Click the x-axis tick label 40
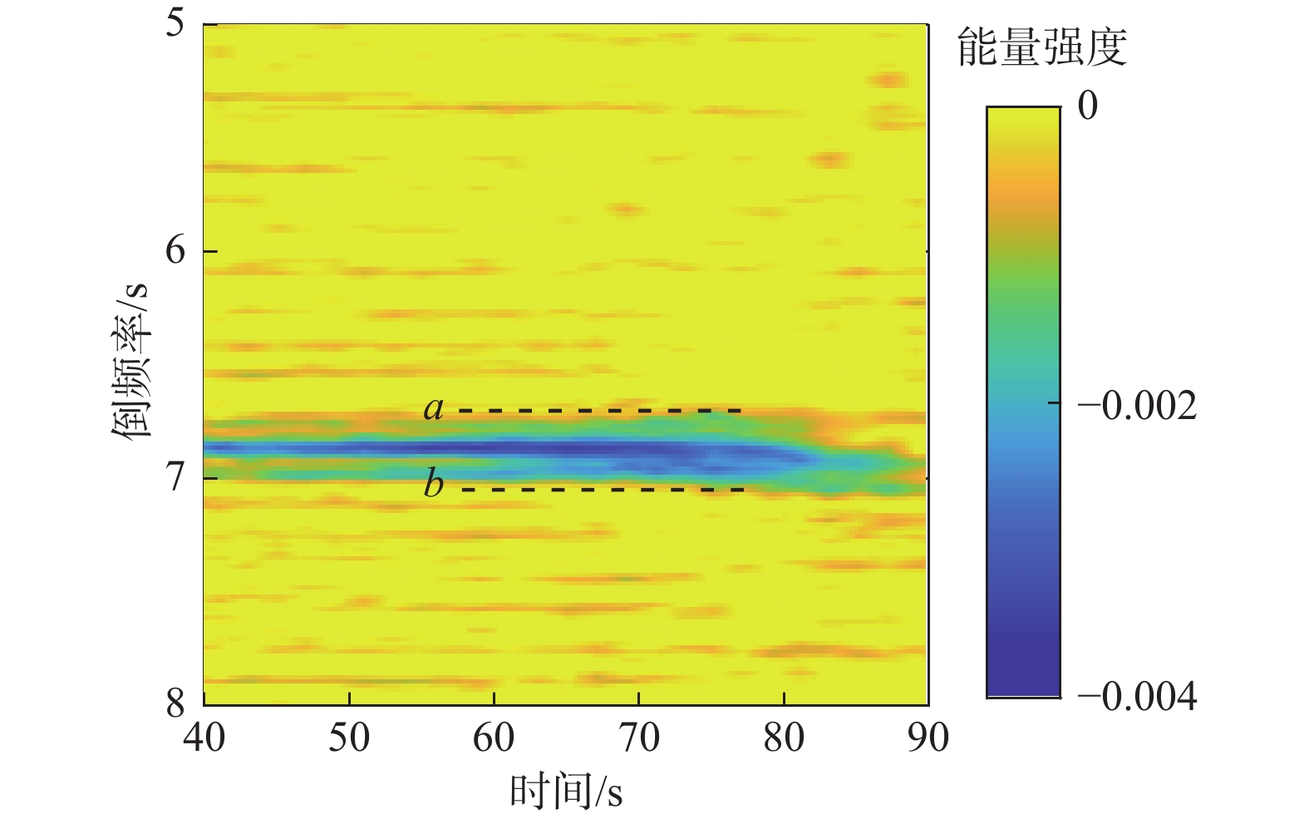click(204, 737)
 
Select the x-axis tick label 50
click(349, 737)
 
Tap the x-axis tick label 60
click(494, 737)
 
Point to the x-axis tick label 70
click(638, 737)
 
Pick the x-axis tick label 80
click(784, 737)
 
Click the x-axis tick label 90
click(928, 737)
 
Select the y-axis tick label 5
click(175, 22)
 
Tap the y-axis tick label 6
click(175, 249)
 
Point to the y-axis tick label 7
click(175, 477)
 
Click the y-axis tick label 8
click(175, 703)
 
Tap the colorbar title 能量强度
click(1042, 47)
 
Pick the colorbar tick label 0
click(1087, 106)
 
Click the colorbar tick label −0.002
click(1137, 406)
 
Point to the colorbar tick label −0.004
click(1137, 696)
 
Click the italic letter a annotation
click(434, 408)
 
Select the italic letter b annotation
click(434, 482)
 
